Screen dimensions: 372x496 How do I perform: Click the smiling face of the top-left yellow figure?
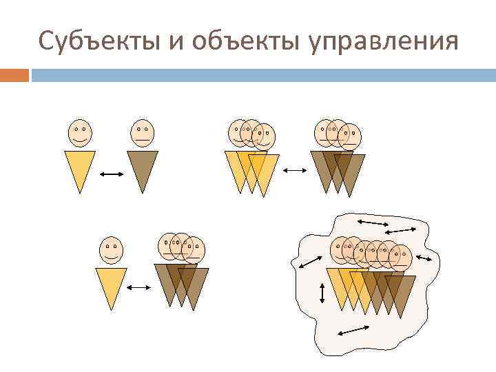80,132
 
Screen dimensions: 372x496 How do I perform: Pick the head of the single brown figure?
142,132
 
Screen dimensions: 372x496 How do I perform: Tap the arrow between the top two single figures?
111,175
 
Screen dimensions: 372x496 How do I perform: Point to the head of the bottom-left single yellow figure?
111,250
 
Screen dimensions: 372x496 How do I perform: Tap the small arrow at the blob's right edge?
424,259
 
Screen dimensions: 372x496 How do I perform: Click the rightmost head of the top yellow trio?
264,136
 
